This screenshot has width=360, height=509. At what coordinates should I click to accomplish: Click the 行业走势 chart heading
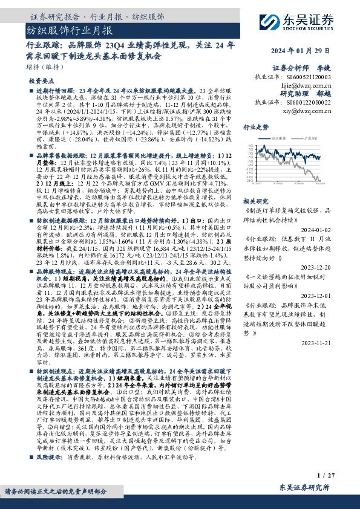pos(255,128)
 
